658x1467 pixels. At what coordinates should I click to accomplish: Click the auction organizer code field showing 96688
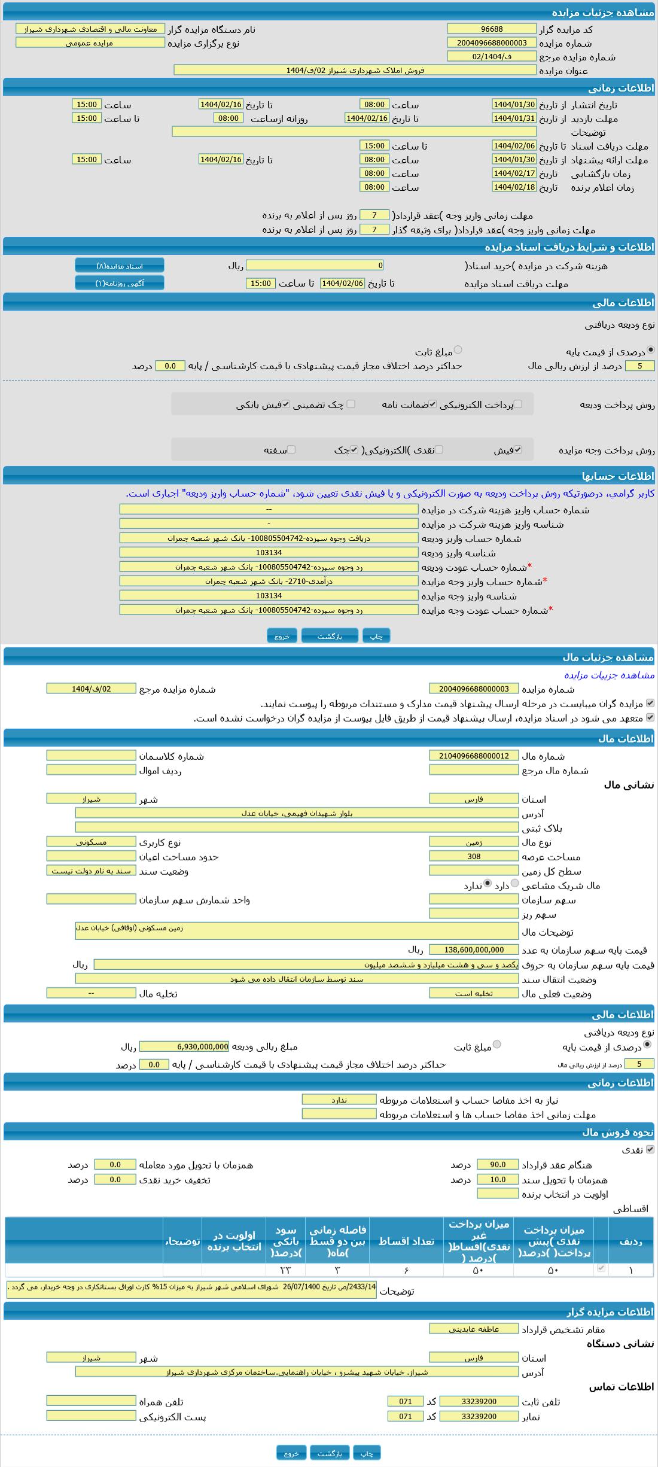491,29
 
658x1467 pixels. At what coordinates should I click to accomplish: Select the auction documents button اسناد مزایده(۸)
120,266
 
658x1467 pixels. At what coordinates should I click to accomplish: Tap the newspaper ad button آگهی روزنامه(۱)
120,283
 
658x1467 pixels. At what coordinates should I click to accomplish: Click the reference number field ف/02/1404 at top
491,56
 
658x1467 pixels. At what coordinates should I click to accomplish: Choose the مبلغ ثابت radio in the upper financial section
458,350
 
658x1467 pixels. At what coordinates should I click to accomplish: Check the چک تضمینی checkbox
351,404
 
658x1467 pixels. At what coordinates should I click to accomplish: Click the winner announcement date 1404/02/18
514,187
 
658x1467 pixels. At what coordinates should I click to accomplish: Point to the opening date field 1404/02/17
514,173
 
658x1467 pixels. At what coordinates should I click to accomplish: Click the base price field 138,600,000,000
474,949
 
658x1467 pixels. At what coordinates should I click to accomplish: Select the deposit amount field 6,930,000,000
184,1046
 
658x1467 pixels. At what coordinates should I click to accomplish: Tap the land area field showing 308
474,856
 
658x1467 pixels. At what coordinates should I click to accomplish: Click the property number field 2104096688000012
474,756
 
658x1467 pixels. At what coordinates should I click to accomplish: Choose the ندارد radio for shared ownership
488,883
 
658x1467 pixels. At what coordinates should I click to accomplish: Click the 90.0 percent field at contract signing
498,1164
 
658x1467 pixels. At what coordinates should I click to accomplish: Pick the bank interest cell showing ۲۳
285,1270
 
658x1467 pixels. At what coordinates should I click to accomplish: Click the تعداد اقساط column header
406,1241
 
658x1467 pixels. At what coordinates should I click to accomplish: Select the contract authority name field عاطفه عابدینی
474,1329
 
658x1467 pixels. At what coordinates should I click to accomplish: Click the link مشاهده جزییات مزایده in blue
610,675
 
